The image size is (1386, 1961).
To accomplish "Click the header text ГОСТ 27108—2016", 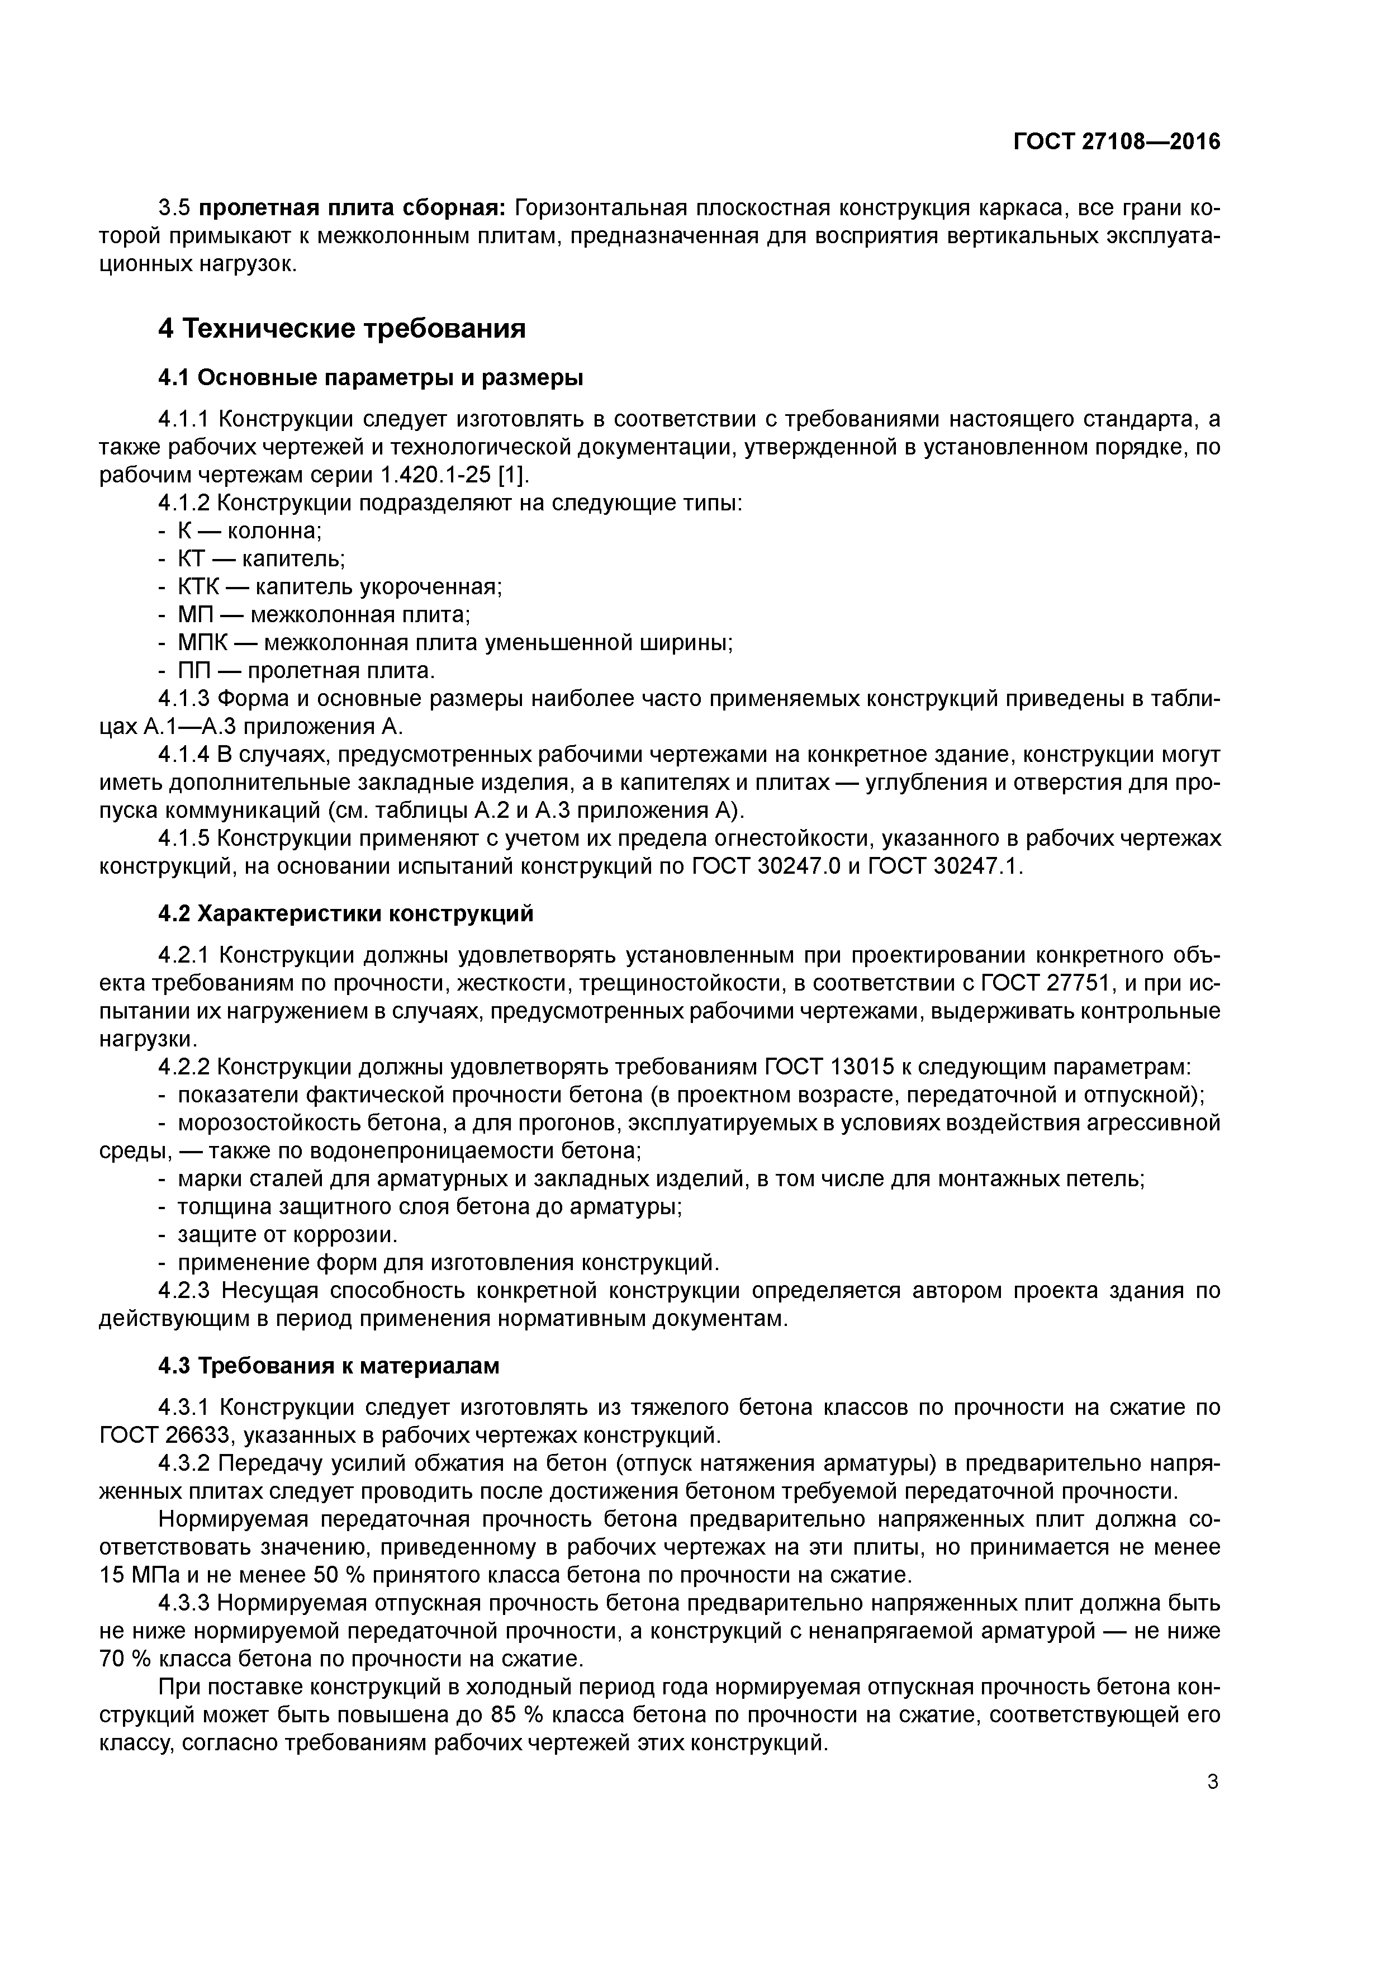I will [x=1116, y=143].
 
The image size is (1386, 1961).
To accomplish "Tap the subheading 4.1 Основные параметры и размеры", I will [x=371, y=377].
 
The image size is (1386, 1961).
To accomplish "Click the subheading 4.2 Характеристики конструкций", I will [x=346, y=914].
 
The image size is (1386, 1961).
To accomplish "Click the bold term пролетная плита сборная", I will [x=353, y=209].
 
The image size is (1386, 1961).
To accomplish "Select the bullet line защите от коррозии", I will [x=288, y=1235].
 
